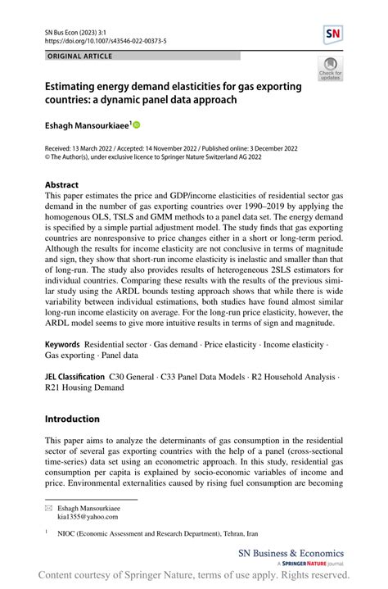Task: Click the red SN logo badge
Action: coord(334,34)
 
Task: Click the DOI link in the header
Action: coord(102,40)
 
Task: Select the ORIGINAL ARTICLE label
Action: coord(81,56)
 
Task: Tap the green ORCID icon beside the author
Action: coord(136,125)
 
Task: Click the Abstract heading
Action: coord(62,185)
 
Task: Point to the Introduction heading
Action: coord(72,419)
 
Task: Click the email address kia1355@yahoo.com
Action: coord(88,517)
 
